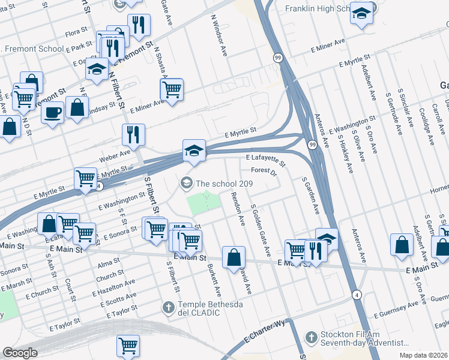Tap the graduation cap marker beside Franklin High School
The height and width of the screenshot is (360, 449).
click(x=361, y=14)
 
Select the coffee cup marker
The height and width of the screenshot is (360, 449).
click(x=53, y=112)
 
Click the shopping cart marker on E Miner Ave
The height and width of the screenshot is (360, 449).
click(x=172, y=90)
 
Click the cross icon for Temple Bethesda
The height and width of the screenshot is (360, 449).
click(x=169, y=308)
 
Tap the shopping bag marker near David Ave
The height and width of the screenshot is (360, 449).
click(x=234, y=257)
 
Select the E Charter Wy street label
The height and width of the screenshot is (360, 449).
click(x=264, y=339)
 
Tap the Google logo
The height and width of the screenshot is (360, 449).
click(x=20, y=353)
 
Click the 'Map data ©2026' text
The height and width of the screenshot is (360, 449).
click(x=426, y=355)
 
